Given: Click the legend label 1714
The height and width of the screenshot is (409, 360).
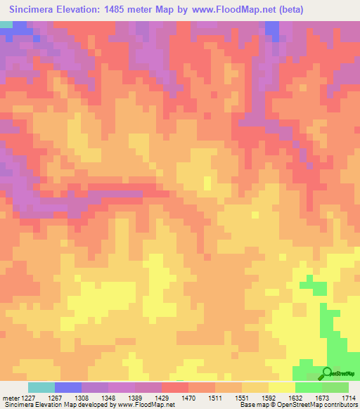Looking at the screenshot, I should [349, 398].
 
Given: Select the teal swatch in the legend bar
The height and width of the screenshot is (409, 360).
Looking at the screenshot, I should [41, 387].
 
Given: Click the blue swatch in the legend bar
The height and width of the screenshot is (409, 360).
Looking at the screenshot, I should [67, 387].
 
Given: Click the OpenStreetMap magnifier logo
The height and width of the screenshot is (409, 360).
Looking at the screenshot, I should [328, 373].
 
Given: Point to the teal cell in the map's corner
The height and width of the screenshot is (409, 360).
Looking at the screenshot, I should [6, 24].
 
